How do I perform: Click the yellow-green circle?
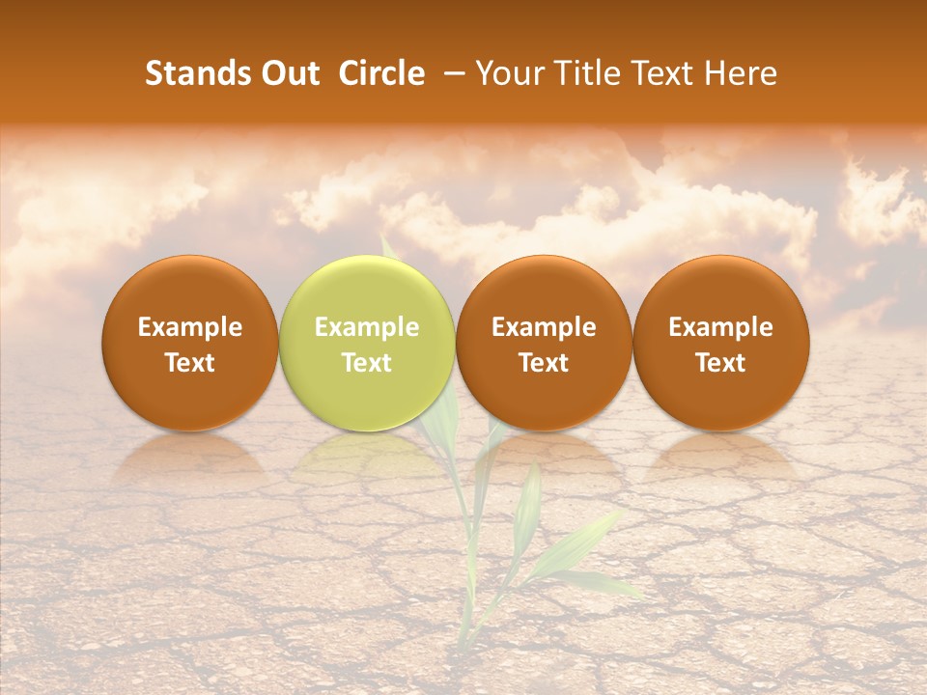point(367,343)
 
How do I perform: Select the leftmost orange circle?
point(190,343)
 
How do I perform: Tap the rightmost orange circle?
point(720,343)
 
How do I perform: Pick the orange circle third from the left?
point(544,343)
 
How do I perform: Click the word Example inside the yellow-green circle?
point(367,327)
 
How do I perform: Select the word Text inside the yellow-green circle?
point(367,363)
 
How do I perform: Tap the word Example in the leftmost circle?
point(190,327)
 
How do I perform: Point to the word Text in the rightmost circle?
point(720,363)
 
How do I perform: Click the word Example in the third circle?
point(544,327)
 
